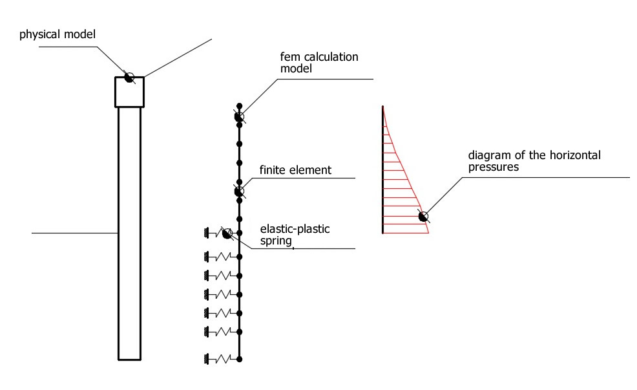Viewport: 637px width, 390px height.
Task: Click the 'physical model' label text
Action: [57, 34]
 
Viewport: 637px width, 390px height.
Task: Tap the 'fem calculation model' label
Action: [319, 62]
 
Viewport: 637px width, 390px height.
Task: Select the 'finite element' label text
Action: [295, 170]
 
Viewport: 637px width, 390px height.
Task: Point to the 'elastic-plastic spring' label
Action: [295, 235]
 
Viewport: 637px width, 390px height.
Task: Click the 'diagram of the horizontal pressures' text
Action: [534, 161]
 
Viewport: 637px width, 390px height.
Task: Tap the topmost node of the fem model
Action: [239, 105]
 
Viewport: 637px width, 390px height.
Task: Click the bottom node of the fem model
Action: [239, 359]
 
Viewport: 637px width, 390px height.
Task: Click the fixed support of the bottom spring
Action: [206, 359]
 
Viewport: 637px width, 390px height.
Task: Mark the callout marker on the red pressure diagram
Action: [423, 217]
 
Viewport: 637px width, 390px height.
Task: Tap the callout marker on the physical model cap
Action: [129, 77]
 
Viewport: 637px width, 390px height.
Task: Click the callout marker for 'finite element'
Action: [239, 191]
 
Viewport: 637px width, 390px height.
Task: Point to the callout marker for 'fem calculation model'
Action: [239, 116]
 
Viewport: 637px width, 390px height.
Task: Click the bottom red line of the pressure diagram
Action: [406, 233]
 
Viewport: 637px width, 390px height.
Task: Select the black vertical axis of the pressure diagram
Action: [382, 169]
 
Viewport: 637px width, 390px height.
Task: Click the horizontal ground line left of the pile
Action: [75, 233]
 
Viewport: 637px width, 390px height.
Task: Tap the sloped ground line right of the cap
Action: [178, 58]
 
